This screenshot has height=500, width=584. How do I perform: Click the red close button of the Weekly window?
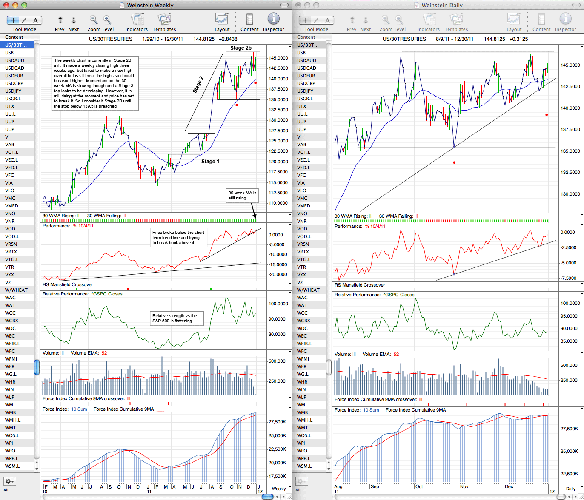(6, 5)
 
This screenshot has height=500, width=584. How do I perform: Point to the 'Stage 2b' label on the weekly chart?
(241, 48)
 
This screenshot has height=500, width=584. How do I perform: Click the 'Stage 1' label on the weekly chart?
(210, 162)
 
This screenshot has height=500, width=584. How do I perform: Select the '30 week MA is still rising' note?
(242, 195)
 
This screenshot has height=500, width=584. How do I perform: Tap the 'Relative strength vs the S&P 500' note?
(177, 318)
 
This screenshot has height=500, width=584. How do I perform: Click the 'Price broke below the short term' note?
(178, 237)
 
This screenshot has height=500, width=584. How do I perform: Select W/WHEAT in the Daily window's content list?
(308, 290)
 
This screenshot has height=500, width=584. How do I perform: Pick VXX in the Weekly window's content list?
(9, 275)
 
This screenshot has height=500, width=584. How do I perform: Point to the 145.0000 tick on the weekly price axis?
(278, 58)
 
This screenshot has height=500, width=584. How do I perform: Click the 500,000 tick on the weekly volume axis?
(277, 361)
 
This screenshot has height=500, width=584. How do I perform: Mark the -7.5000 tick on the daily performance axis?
(568, 278)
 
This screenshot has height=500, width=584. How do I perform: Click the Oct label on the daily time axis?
(419, 486)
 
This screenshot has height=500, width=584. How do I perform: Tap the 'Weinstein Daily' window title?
(442, 5)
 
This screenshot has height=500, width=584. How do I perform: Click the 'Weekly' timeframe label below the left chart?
(279, 489)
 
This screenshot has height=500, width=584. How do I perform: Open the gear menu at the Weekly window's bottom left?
(9, 481)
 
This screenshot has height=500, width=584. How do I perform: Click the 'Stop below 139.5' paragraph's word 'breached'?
(108, 106)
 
